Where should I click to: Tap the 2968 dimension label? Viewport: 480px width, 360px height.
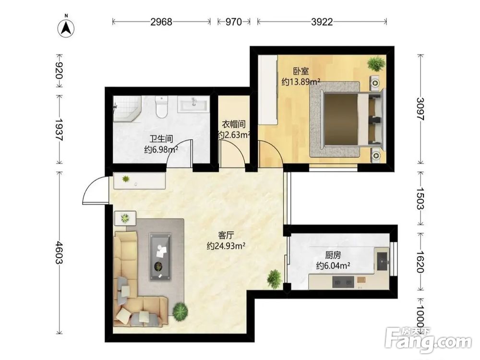[161, 22]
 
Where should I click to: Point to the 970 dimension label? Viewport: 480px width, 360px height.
[234, 22]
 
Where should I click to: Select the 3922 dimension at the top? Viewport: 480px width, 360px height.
[322, 22]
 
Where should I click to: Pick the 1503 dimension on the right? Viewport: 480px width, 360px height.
[420, 198]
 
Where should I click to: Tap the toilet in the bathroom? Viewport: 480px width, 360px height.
[161, 107]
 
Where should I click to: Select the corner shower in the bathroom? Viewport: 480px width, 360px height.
[127, 108]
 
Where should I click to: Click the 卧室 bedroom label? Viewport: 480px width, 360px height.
[301, 72]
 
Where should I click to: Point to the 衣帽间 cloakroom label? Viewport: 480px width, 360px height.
[234, 124]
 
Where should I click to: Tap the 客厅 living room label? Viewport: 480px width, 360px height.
[226, 235]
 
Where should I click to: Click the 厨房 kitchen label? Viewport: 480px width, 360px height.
[333, 255]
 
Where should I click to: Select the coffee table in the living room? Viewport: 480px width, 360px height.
[160, 256]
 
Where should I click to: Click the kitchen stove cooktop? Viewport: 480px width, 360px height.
[343, 282]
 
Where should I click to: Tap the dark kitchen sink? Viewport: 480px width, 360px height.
[383, 261]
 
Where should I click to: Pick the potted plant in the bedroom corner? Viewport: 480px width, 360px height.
[376, 64]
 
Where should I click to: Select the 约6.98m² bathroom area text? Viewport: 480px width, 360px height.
[161, 150]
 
